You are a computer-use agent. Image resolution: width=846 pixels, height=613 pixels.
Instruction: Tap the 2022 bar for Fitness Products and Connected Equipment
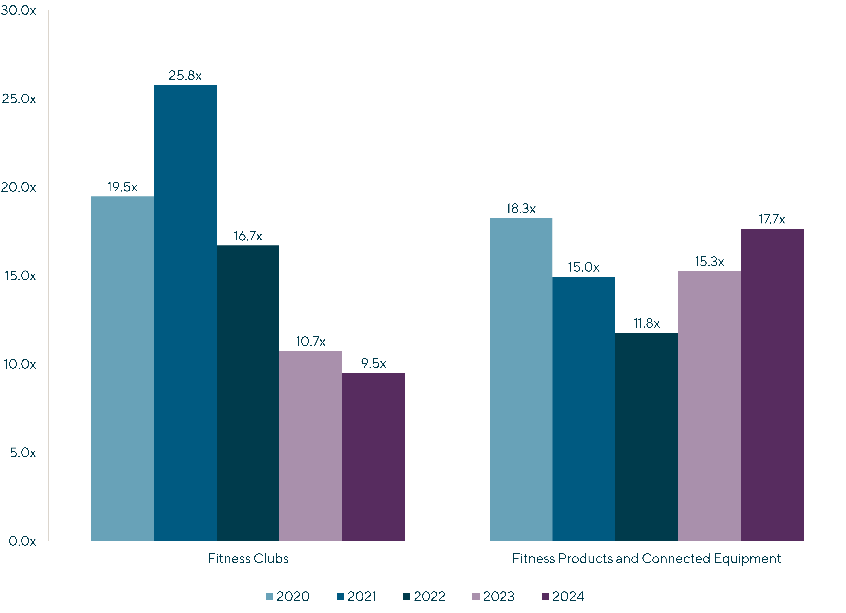tap(646, 436)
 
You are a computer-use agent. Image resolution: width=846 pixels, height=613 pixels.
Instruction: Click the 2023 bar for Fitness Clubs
tap(311, 446)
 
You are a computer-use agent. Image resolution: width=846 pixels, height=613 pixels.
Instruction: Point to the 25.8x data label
tap(185, 76)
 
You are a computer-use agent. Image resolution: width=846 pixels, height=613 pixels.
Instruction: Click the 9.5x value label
tap(373, 363)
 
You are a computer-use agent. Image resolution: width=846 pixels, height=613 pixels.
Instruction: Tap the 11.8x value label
tap(646, 323)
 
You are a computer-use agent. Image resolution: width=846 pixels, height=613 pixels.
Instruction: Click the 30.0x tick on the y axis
tap(19, 10)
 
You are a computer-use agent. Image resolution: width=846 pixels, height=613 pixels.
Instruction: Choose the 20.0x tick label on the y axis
tap(19, 187)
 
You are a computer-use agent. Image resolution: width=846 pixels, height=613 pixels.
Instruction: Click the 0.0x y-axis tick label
tap(22, 541)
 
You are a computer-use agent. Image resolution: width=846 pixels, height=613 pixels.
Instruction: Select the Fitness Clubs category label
tap(248, 558)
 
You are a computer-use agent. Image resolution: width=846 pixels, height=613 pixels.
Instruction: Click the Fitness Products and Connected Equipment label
tap(646, 558)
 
